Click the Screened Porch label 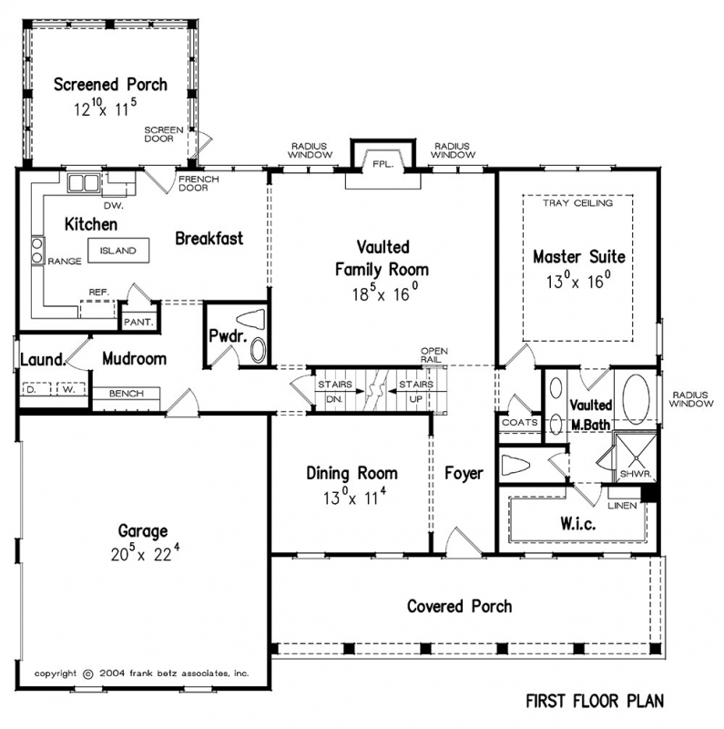(x=109, y=85)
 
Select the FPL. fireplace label (x=381, y=165)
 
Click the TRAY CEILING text (x=578, y=203)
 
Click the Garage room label (x=140, y=530)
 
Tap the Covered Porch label (x=459, y=606)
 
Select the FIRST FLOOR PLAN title (x=593, y=701)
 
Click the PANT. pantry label (x=137, y=323)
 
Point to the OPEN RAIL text (x=434, y=354)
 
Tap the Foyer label (x=464, y=473)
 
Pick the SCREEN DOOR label (x=164, y=135)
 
